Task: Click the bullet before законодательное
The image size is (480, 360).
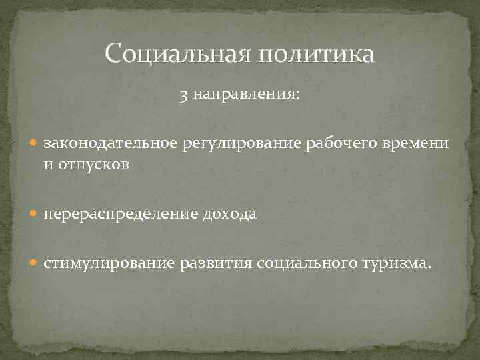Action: coord(35,144)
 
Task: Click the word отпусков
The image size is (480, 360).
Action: coord(94,164)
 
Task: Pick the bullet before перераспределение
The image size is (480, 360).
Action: coord(35,215)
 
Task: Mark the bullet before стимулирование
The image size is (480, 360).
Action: coord(35,264)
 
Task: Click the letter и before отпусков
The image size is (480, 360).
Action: coord(49,164)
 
